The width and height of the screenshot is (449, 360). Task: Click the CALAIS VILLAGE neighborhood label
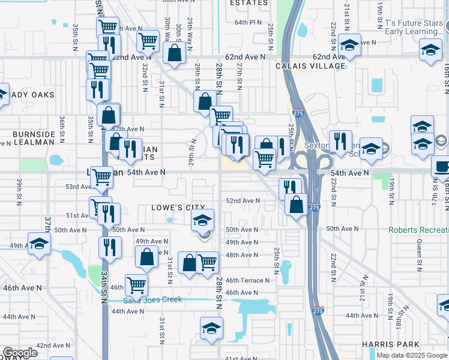(311, 67)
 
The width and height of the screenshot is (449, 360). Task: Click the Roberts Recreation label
(418, 230)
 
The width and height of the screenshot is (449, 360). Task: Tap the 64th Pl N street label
(249, 22)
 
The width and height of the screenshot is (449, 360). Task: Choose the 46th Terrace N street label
(247, 280)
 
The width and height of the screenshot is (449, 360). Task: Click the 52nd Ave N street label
(243, 201)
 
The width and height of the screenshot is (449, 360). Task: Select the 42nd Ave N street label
(53, 346)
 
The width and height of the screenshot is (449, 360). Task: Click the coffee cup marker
(442, 166)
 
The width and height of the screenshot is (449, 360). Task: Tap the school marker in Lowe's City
(203, 219)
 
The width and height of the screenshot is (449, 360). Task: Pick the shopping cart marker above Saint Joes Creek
(136, 285)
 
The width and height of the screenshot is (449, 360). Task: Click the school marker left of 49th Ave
(40, 244)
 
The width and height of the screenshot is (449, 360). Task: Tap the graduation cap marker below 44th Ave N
(211, 329)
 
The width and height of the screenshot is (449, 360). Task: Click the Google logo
(20, 353)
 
